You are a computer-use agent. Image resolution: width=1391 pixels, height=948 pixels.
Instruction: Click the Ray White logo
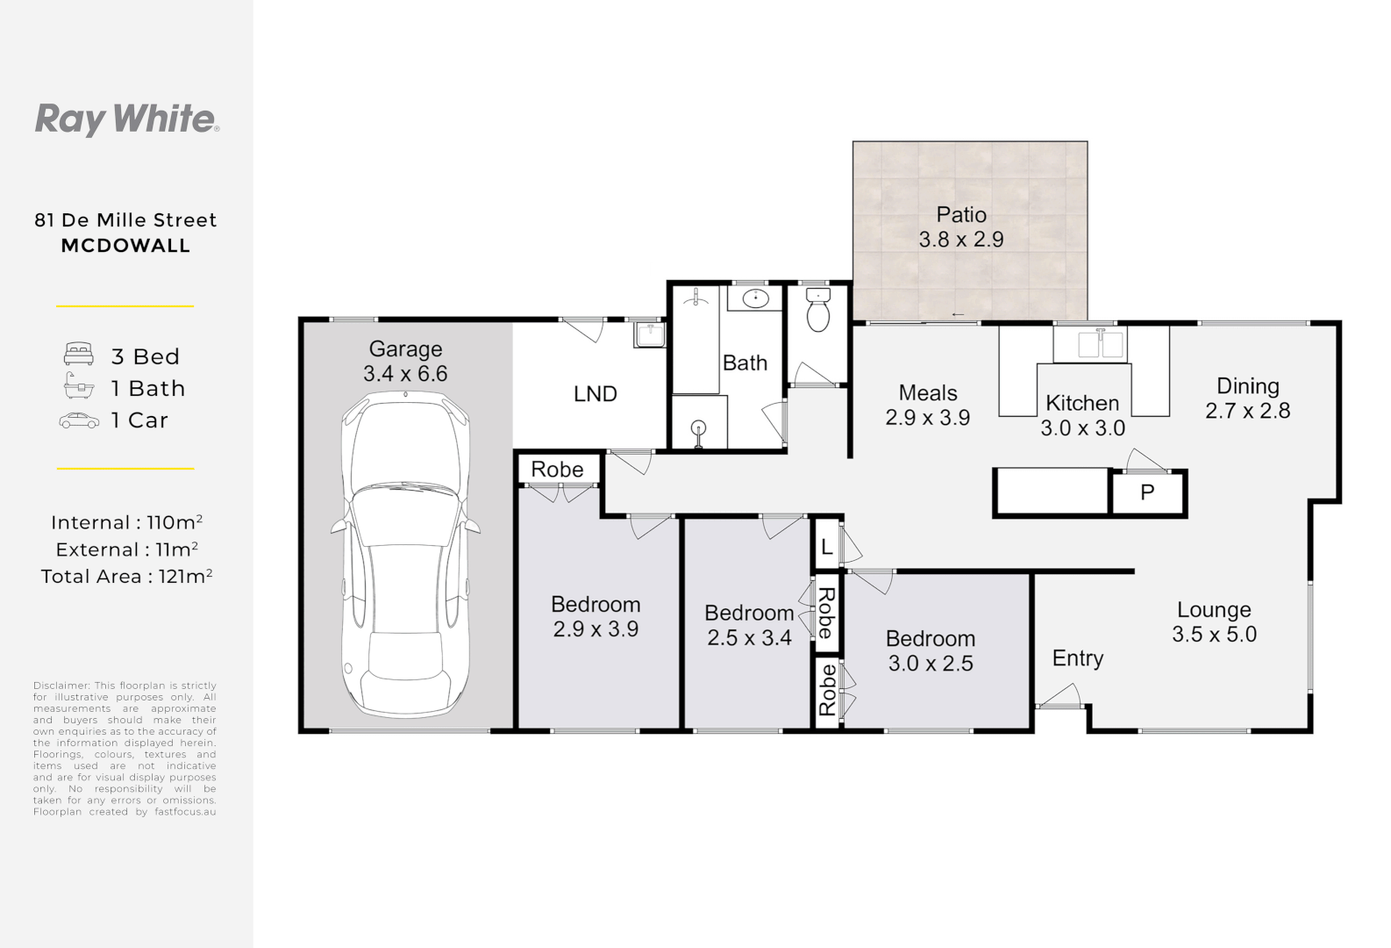tap(126, 119)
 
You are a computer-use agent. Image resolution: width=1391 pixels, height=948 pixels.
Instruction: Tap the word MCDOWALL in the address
tap(125, 246)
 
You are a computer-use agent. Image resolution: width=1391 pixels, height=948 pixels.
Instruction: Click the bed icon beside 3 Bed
tap(79, 355)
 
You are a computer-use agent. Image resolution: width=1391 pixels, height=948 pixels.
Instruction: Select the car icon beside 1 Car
tap(79, 420)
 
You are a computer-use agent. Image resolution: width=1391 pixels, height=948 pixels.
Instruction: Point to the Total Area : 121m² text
tap(126, 576)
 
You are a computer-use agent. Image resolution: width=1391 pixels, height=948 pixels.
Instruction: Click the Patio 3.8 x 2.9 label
tap(961, 226)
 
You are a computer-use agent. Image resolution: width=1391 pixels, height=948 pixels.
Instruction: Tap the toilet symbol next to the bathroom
tap(817, 310)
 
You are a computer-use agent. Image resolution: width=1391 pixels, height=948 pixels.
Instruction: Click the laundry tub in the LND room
tap(650, 334)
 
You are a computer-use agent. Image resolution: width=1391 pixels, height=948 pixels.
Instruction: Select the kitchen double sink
tap(1090, 343)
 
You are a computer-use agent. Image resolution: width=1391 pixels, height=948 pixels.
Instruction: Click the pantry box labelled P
tap(1147, 492)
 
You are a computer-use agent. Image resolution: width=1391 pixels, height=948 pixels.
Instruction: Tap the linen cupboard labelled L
tap(826, 547)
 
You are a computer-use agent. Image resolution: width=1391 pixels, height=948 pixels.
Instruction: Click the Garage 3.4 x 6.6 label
tap(405, 361)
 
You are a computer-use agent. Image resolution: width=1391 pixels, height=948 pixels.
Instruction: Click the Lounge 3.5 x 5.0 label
tap(1214, 621)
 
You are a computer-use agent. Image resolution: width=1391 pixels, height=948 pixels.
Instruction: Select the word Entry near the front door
tap(1077, 658)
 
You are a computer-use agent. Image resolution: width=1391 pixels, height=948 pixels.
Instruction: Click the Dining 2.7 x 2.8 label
tap(1247, 398)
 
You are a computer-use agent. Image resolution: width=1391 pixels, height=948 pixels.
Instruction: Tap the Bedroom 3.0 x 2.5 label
tap(930, 650)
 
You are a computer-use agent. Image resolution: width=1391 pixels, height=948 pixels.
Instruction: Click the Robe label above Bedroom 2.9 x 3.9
tap(557, 470)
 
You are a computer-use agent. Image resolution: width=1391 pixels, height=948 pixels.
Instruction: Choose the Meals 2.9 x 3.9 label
tap(927, 405)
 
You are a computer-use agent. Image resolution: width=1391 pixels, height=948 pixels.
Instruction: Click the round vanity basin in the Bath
tap(756, 299)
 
